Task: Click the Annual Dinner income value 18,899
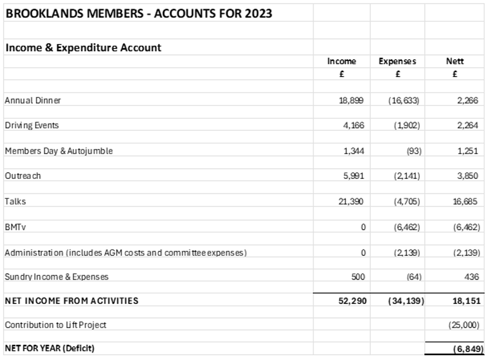pos(352,100)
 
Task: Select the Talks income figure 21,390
pos(352,201)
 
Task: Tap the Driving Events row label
pos(32,125)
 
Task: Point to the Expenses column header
pos(397,61)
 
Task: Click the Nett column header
pos(455,61)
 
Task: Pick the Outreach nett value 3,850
pos(467,176)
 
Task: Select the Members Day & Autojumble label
pos(59,151)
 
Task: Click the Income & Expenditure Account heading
pos(83,48)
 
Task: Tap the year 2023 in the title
pos(257,13)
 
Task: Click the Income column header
pos(342,61)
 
